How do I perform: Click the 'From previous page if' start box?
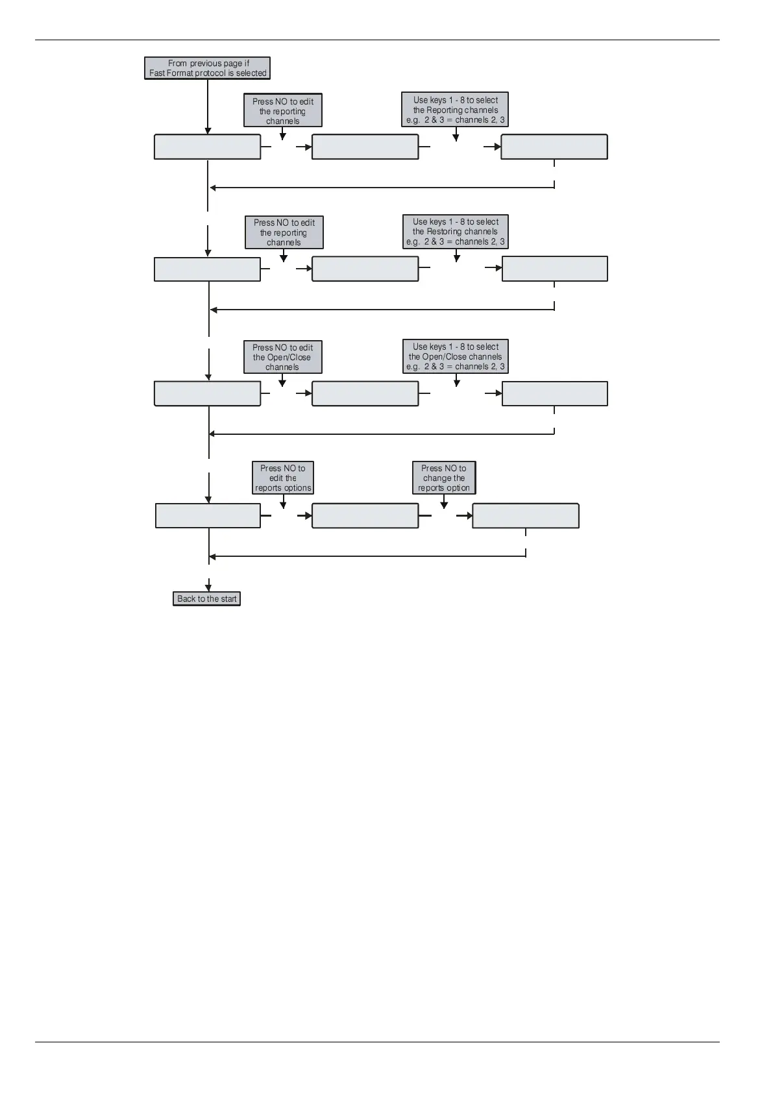coord(208,68)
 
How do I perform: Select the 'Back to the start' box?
coord(207,598)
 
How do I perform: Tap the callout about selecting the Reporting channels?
coord(455,110)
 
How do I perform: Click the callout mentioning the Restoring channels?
coord(456,232)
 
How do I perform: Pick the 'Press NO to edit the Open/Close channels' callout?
coord(283,357)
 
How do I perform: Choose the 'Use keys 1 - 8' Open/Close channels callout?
coord(456,357)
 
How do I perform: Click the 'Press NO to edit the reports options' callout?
coord(283,478)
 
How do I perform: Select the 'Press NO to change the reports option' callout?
coord(444,478)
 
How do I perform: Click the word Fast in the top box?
coord(156,73)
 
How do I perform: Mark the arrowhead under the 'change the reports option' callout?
coord(444,505)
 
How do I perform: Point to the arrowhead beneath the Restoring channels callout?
coord(457,258)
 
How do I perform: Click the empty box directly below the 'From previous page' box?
coord(208,147)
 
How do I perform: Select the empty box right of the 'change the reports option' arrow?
coord(526,516)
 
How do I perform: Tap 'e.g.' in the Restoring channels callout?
coord(413,242)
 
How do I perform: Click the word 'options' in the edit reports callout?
coord(297,488)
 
